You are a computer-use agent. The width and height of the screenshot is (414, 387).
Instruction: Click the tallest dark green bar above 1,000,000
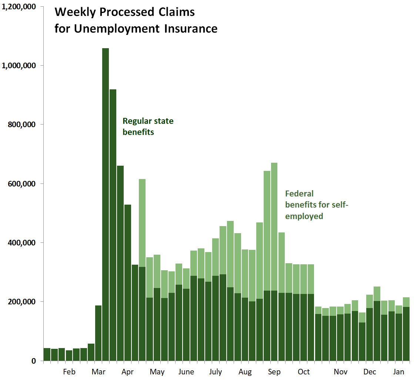click(x=106, y=204)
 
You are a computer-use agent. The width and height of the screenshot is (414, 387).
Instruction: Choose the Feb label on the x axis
click(x=69, y=372)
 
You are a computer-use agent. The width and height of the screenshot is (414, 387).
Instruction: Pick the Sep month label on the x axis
click(x=274, y=372)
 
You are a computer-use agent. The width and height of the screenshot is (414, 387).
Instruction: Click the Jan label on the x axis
click(x=398, y=372)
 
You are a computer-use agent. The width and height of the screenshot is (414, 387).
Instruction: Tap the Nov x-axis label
click(x=340, y=372)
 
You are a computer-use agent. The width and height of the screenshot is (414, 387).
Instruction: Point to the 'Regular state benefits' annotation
click(x=148, y=126)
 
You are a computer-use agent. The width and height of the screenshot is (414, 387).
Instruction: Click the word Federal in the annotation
click(x=299, y=193)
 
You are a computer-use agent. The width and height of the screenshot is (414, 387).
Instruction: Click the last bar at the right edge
click(x=406, y=330)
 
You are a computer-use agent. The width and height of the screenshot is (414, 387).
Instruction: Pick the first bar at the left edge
click(x=47, y=354)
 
